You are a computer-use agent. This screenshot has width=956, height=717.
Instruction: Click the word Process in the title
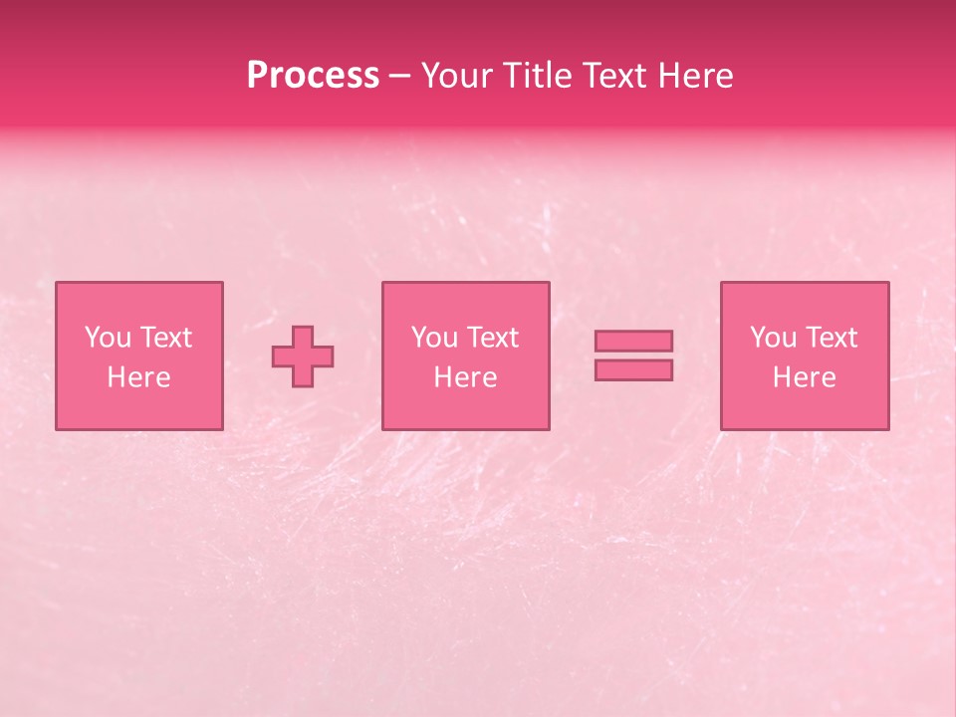click(x=313, y=76)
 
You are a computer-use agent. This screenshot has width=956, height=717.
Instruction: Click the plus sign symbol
click(x=303, y=357)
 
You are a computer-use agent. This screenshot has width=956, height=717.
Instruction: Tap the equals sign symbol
click(x=633, y=356)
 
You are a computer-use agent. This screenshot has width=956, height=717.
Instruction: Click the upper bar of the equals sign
click(x=633, y=342)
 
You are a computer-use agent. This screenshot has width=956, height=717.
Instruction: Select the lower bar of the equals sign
click(x=633, y=370)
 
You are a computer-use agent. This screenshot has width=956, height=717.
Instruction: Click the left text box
click(x=138, y=356)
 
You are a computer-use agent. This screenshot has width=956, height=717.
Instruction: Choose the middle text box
click(x=465, y=356)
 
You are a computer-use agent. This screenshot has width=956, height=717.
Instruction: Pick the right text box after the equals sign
click(x=804, y=356)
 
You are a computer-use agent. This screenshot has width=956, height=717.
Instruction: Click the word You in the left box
click(x=108, y=338)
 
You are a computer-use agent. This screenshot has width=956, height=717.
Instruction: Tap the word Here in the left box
click(x=138, y=377)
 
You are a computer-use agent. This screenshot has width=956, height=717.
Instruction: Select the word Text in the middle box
click(x=493, y=338)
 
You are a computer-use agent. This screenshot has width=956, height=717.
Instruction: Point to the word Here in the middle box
click(x=465, y=377)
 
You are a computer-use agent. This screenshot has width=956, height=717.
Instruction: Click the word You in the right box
click(x=773, y=338)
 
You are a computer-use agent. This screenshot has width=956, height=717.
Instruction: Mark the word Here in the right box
click(x=804, y=377)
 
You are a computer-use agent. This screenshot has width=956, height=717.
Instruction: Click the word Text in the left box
click(x=165, y=338)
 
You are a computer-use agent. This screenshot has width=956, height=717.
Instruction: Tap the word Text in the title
click(x=613, y=76)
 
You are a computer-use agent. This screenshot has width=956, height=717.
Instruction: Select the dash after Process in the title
click(x=399, y=77)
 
